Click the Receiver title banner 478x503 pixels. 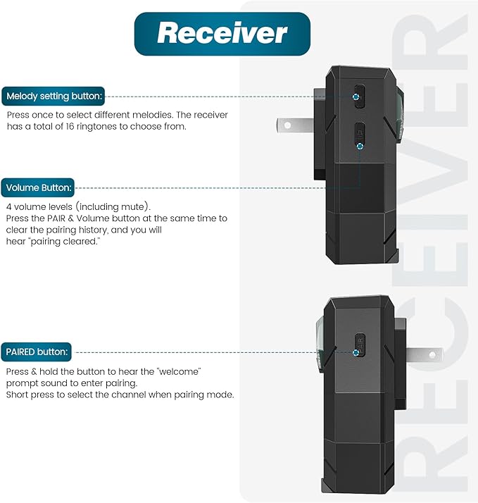pyautogui.click(x=222, y=34)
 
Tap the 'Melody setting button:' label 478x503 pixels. pyautogui.click(x=54, y=97)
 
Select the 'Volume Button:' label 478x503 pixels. pyautogui.click(x=38, y=187)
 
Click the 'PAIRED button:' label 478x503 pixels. pyautogui.click(x=36, y=352)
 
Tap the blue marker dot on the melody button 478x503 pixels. pyautogui.click(x=356, y=97)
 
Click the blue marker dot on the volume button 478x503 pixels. pyautogui.click(x=360, y=147)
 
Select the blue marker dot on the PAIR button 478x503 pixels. pyautogui.click(x=356, y=352)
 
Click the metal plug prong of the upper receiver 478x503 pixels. pyautogui.click(x=295, y=125)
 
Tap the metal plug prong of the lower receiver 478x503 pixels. pyautogui.click(x=424, y=355)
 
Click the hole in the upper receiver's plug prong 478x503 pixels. pyautogui.click(x=287, y=125)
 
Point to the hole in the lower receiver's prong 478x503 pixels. pyautogui.click(x=432, y=355)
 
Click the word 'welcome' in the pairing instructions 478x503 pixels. pyautogui.click(x=179, y=371)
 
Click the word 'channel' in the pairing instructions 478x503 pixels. pyautogui.click(x=130, y=395)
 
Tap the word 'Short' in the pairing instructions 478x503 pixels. pyautogui.click(x=18, y=395)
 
